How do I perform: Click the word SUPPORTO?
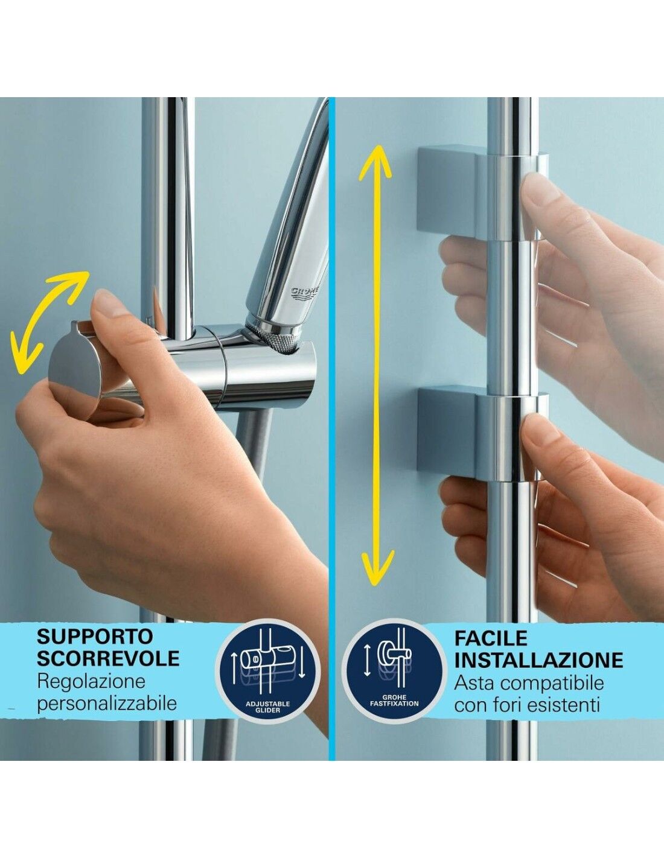pos(95,637)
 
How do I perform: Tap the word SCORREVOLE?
pos(108,658)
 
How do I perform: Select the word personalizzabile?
pos(107,704)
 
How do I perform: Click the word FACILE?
pos(491,638)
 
